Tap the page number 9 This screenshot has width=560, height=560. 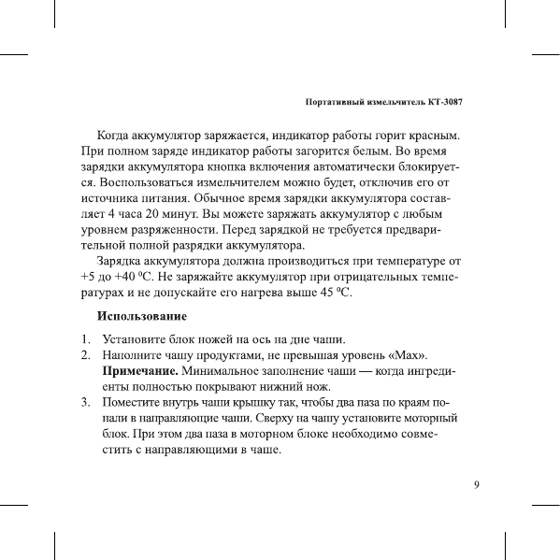click(x=477, y=484)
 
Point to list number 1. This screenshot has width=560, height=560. click(x=85, y=338)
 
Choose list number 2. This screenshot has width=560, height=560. click(x=85, y=355)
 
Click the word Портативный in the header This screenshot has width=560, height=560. click(x=338, y=101)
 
